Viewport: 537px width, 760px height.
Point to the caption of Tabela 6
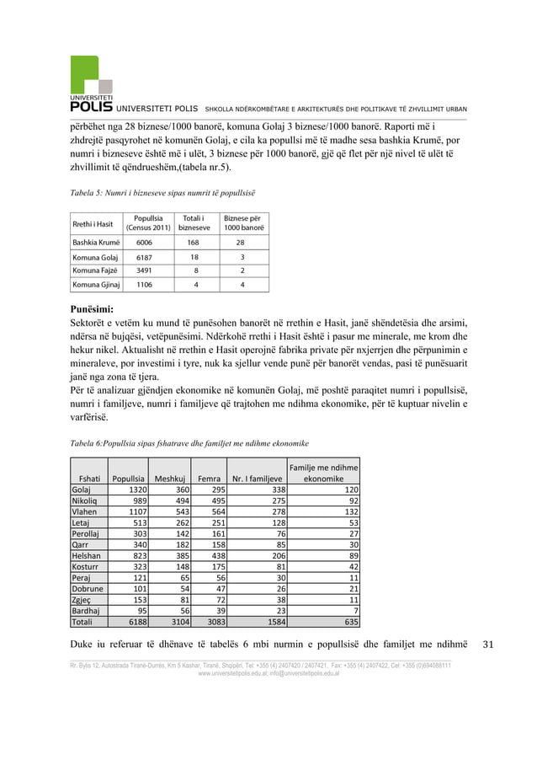coord(189,442)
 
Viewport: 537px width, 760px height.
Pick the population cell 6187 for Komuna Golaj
coord(148,257)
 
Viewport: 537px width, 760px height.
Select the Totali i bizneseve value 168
coord(195,241)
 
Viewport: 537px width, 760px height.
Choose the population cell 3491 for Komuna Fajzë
coord(148,270)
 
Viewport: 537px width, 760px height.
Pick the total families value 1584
coord(274,623)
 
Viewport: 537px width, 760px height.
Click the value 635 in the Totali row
coord(348,623)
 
